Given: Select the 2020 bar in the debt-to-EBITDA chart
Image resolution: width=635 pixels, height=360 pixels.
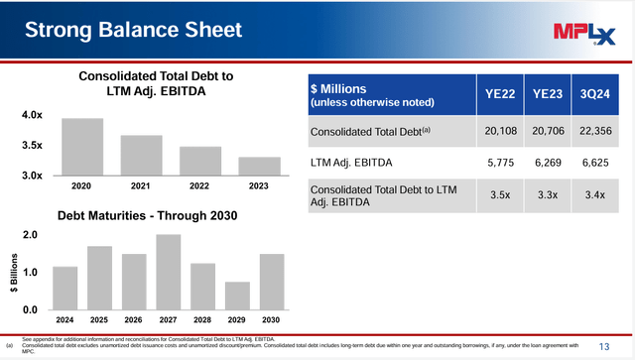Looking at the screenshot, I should tap(82, 147).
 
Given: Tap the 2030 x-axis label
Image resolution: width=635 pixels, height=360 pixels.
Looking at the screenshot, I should tap(271, 319).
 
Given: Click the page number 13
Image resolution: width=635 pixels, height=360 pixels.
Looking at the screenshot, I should tap(604, 345).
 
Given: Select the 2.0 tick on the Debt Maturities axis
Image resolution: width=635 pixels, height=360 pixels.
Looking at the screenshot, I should tap(31, 235).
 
